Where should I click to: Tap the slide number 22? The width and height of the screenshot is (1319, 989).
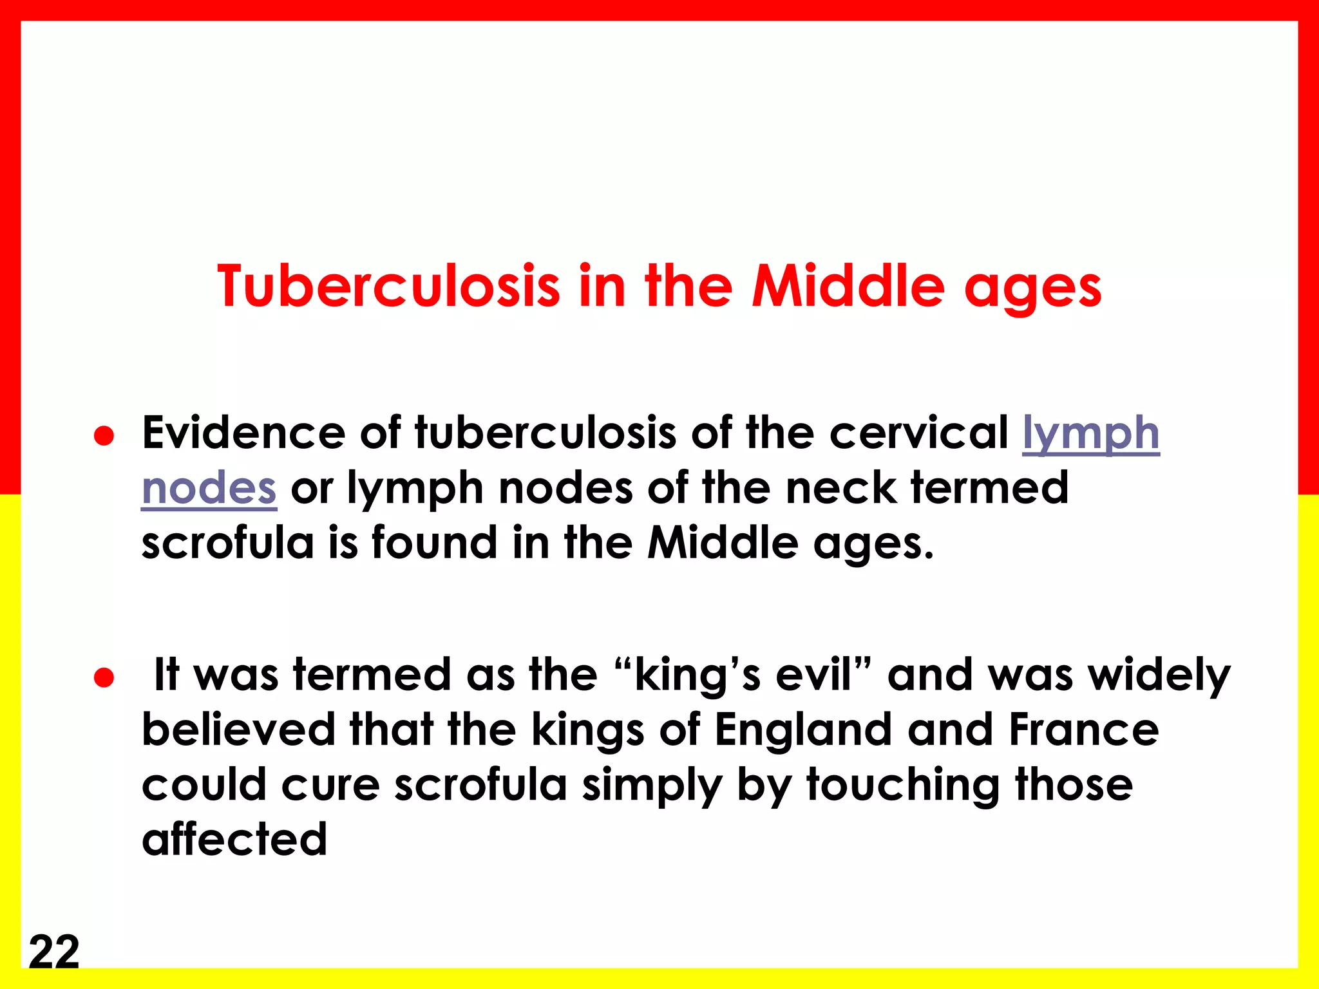54,952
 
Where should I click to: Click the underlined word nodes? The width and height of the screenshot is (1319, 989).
209,488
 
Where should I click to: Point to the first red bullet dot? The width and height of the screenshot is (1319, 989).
104,436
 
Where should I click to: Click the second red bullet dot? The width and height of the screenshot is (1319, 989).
104,677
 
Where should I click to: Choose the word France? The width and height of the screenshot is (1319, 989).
1084,730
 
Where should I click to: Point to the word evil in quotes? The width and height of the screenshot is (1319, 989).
813,675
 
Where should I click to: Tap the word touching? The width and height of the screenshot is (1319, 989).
904,786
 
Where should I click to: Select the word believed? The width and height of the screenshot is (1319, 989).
238,730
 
